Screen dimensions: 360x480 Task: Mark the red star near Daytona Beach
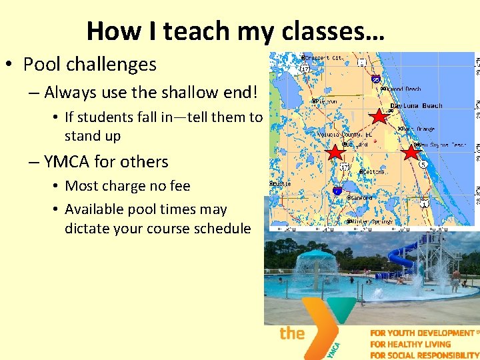pyautogui.click(x=379, y=116)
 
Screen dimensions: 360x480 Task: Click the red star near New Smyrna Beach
pyautogui.click(x=411, y=152)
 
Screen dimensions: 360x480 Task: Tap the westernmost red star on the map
pyautogui.click(x=335, y=153)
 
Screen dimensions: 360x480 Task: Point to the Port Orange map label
pyautogui.click(x=418, y=129)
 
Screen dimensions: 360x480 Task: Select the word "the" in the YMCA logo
pyautogui.click(x=292, y=333)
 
